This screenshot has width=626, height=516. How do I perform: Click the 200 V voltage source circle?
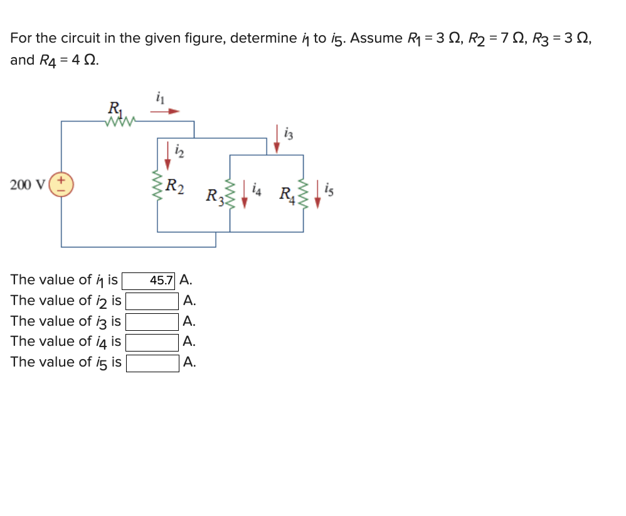click(61, 185)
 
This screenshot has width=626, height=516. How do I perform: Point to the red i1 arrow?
click(165, 112)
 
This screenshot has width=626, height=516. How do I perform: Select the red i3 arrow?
click(277, 138)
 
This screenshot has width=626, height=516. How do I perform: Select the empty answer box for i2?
click(152, 301)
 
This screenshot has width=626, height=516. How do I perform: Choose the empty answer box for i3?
click(152, 322)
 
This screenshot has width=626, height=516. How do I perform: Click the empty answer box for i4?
click(152, 342)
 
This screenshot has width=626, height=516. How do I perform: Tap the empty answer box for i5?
click(152, 363)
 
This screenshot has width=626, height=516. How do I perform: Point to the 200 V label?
click(28, 185)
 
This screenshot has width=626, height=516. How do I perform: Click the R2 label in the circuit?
click(175, 186)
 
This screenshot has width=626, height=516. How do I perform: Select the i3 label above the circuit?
click(288, 133)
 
